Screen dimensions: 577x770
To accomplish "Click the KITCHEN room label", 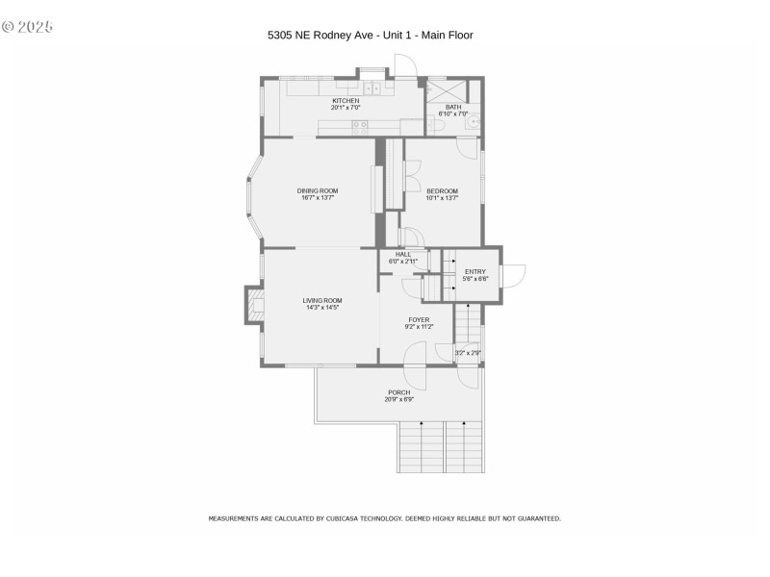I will (x=346, y=101).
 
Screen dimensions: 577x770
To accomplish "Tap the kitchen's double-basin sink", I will (x=372, y=88).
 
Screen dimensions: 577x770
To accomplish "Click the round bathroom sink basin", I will (x=473, y=122).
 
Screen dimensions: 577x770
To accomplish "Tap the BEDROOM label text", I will (x=442, y=190).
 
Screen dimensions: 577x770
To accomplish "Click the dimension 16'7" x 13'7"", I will (x=318, y=198).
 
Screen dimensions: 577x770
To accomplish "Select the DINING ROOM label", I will (x=318, y=190).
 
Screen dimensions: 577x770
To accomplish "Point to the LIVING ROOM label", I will (x=322, y=300).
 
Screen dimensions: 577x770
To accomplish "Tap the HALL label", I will (x=402, y=254).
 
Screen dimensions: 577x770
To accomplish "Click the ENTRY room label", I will (x=475, y=271).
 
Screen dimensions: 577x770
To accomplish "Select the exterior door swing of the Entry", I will (x=513, y=275).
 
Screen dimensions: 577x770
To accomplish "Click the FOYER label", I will (x=419, y=319).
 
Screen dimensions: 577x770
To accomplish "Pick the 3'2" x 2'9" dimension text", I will (x=468, y=353).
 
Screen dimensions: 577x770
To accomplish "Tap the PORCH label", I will (x=398, y=392).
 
